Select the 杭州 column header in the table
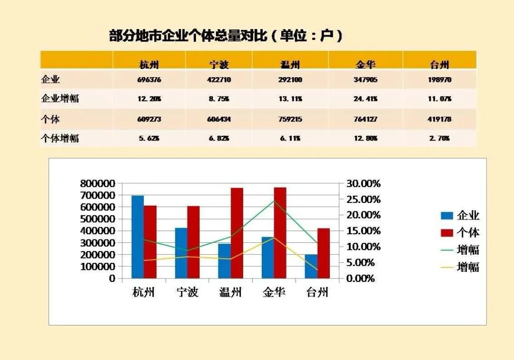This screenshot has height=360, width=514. [x=149, y=65]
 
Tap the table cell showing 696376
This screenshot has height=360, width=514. [x=149, y=80]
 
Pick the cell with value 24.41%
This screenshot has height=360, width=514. [x=365, y=99]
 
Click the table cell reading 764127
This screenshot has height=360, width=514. [x=365, y=119]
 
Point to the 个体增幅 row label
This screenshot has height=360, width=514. [x=60, y=139]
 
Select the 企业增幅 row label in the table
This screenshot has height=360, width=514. [x=60, y=99]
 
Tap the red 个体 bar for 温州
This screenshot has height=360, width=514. [x=237, y=233]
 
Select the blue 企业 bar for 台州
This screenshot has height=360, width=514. [x=311, y=266]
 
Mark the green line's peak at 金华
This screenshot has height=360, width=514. [x=274, y=201]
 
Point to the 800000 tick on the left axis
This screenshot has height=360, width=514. [x=98, y=183]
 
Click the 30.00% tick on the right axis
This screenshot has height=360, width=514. [x=363, y=183]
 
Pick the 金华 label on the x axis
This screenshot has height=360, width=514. [x=274, y=292]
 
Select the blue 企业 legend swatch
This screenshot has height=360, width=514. [x=447, y=215]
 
